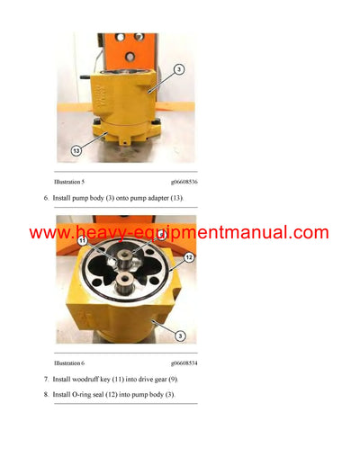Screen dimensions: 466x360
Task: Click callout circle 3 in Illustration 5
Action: (x=180, y=70)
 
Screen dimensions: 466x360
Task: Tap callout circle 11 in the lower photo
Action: (x=82, y=241)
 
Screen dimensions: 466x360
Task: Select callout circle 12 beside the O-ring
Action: (x=188, y=258)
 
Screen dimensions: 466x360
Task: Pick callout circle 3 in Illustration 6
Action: (x=180, y=336)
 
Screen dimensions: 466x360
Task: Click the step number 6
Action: (x=58, y=197)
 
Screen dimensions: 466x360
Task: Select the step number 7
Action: (x=58, y=381)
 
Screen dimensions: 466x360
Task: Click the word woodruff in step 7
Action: (x=101, y=381)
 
